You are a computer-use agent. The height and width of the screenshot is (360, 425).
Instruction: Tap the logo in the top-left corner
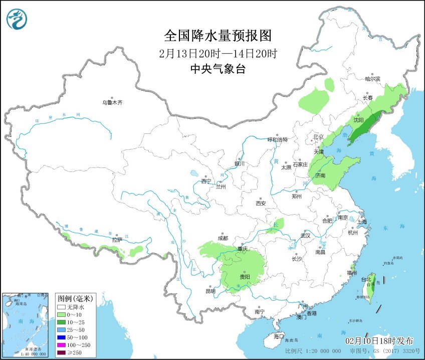pyautogui.click(x=17, y=19)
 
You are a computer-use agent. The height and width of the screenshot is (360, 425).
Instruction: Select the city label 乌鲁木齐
pyautogui.click(x=112, y=102)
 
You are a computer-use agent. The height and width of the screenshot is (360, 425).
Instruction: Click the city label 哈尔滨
pyautogui.click(x=372, y=79)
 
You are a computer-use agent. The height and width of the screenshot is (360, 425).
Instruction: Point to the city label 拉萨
pyautogui.click(x=117, y=240)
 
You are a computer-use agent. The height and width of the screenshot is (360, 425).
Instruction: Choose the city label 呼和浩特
pyautogui.click(x=277, y=140)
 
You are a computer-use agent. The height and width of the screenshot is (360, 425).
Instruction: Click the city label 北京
pyautogui.click(x=319, y=136)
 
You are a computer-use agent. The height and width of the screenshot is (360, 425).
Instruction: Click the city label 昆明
pyautogui.click(x=210, y=291)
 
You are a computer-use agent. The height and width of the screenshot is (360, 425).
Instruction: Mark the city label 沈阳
pyautogui.click(x=358, y=120)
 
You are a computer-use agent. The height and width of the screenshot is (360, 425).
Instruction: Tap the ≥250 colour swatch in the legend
pyautogui.click(x=61, y=353)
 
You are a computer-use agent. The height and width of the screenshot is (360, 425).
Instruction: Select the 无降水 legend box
pyautogui.click(x=61, y=306)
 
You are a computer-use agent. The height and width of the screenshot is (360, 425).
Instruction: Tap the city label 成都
pyautogui.click(x=223, y=238)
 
